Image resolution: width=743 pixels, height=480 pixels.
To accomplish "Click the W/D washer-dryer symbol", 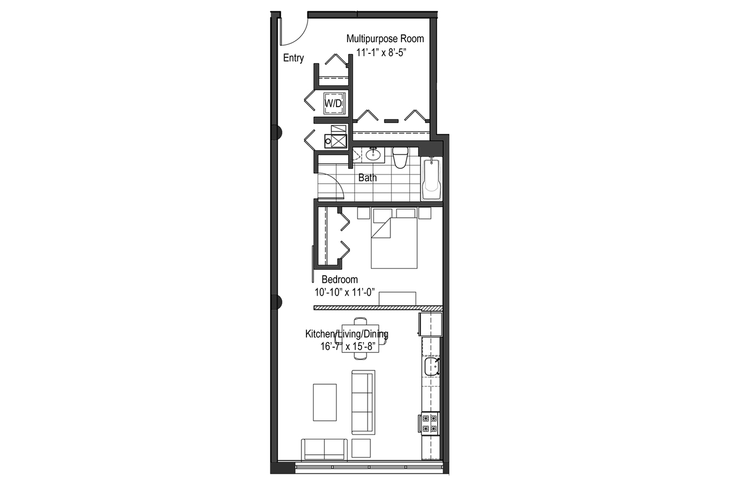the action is coord(333,103).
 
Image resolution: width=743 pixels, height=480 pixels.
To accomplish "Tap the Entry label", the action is coord(293,58).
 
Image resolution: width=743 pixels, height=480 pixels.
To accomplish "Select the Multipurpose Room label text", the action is coord(385,39).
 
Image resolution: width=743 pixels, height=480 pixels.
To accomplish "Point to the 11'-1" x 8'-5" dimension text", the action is coord(382,53).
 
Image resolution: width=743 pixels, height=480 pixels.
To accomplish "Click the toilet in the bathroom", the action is coord(400,158).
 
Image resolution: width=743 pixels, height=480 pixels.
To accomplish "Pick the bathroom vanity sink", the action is coord(373,154).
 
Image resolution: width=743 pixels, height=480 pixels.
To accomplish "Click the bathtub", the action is coord(431,178).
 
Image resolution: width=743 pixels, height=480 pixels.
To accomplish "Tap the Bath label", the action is coord(368,178).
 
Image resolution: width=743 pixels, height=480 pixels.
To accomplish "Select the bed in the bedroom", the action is coord(394,238).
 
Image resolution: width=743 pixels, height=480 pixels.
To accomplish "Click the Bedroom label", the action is coord(340,279).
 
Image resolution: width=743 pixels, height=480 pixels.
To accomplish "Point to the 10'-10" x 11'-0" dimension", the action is coord(345,293).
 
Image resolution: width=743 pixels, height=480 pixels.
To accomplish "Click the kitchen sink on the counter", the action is coord(432,366).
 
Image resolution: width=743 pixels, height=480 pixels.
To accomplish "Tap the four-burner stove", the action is coord(430,423).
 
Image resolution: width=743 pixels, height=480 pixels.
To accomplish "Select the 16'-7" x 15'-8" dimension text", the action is coord(348,347).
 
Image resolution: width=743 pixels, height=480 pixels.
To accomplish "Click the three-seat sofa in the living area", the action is coord(363,402).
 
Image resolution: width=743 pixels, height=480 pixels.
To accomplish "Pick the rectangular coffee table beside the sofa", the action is coord(325,402).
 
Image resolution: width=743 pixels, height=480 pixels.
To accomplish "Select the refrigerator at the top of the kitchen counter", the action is coord(431,324).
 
